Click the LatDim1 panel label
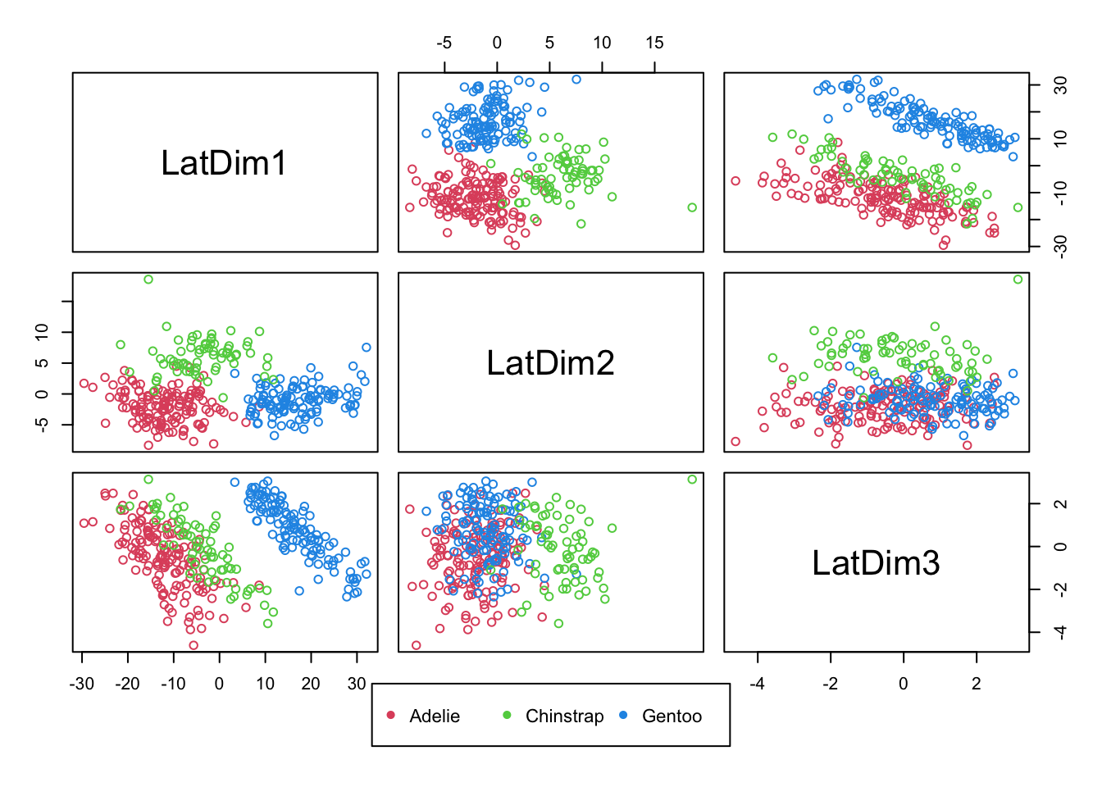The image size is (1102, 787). [224, 163]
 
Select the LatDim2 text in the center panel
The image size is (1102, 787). [550, 362]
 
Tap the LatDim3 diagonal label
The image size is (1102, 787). [876, 563]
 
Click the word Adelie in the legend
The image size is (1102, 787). [435, 716]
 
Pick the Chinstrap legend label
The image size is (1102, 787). [564, 716]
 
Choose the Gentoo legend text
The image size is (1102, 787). [672, 716]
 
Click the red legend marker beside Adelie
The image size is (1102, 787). [391, 716]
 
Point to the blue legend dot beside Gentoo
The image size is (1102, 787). [623, 716]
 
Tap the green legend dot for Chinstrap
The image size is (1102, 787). [507, 716]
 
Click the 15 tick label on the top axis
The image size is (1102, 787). [654, 43]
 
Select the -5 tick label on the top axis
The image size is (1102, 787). [444, 43]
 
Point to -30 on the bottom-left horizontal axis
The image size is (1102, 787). [81, 684]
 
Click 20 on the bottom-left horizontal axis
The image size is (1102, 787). [311, 684]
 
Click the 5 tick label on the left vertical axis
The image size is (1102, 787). [43, 362]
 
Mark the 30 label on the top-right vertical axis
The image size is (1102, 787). [1060, 85]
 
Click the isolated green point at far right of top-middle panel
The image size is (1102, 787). [692, 207]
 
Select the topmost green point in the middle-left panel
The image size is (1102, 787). [148, 280]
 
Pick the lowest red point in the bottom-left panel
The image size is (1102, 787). [194, 645]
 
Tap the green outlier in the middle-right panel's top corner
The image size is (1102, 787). [1018, 280]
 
